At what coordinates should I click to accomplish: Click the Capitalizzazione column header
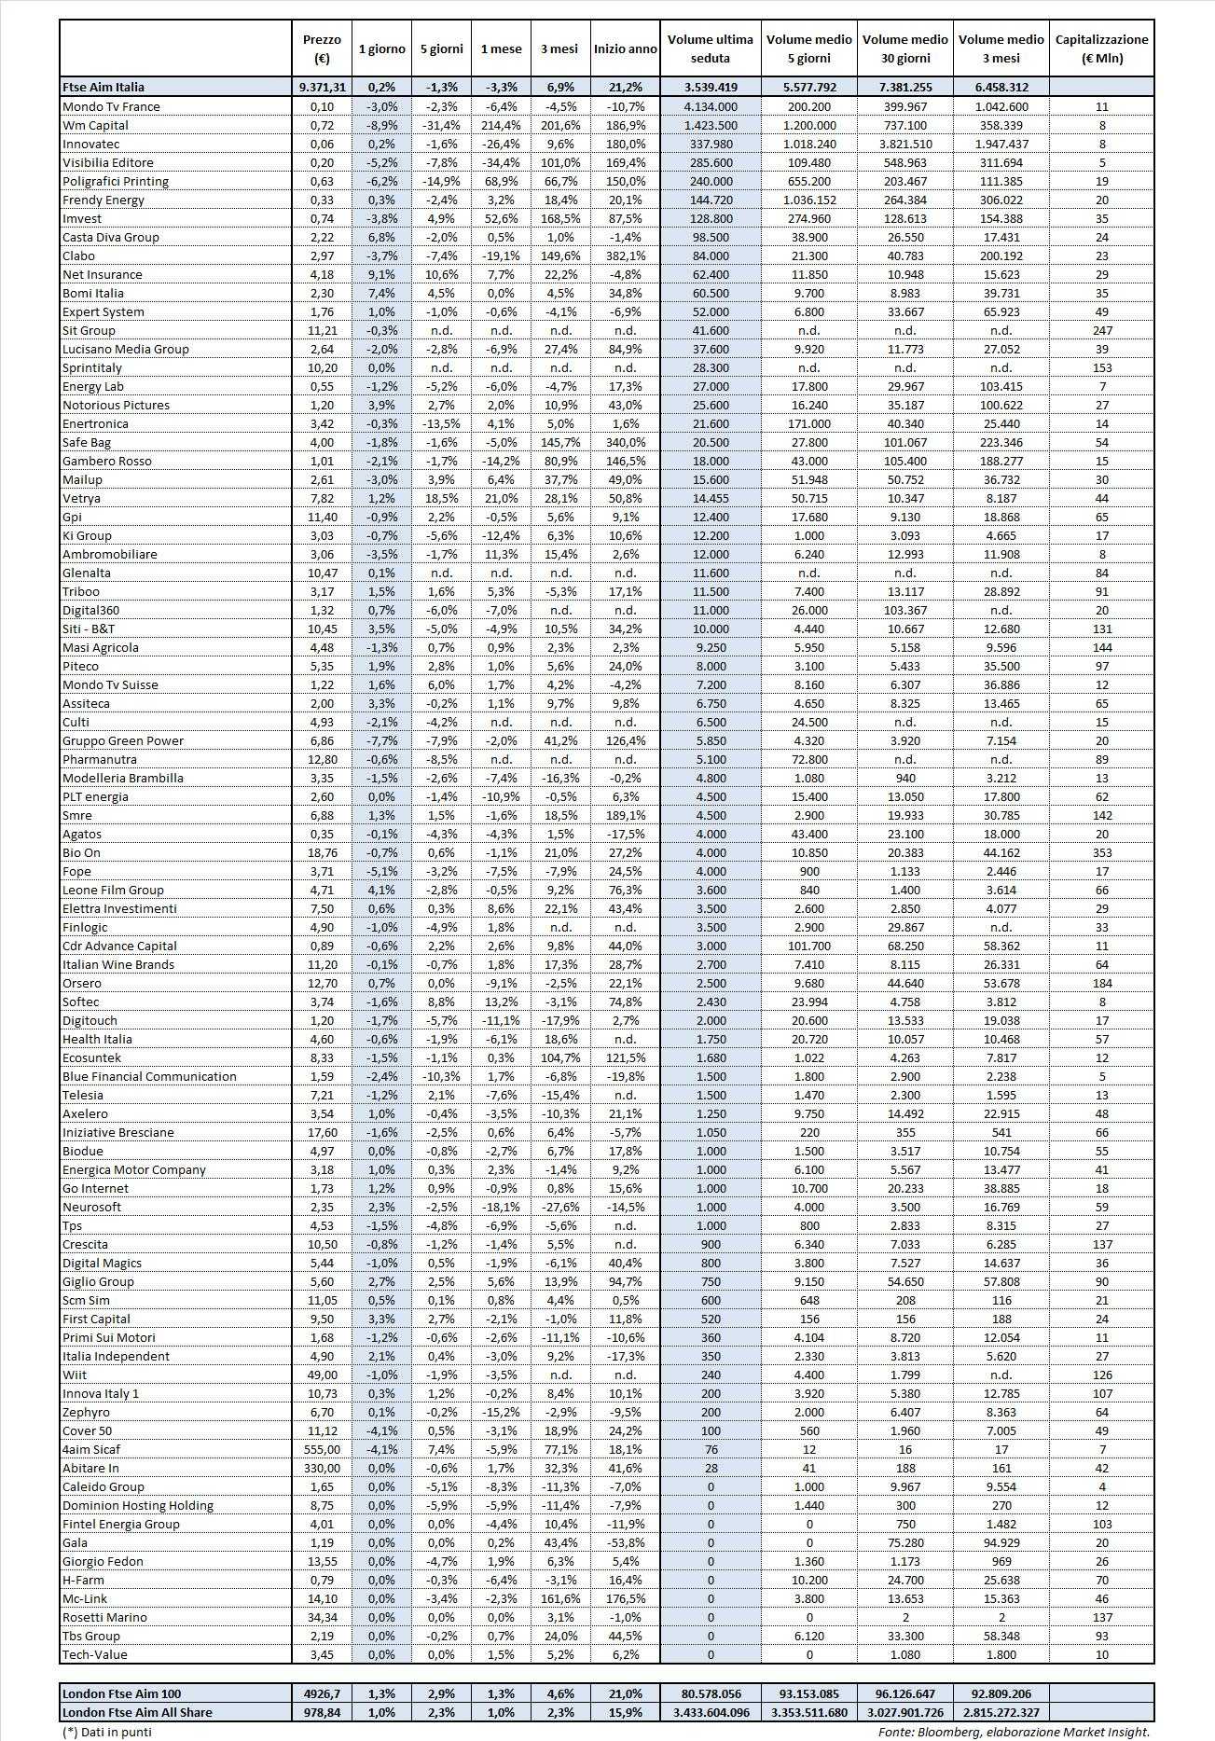[1101, 48]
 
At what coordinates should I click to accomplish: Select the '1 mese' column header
[501, 48]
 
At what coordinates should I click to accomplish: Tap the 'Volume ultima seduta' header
[710, 48]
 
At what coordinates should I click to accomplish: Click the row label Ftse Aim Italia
[104, 87]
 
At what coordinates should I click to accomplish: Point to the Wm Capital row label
[95, 125]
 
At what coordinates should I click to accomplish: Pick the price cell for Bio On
[323, 852]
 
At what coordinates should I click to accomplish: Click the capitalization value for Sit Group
[1101, 330]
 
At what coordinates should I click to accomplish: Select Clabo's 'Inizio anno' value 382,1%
[625, 256]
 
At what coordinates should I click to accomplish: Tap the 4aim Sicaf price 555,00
[323, 1449]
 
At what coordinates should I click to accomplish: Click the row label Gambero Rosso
[106, 461]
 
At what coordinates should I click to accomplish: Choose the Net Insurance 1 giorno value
[381, 274]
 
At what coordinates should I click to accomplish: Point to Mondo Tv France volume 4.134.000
[710, 106]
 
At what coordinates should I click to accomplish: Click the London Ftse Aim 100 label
[121, 1693]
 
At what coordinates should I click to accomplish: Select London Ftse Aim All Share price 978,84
[323, 1712]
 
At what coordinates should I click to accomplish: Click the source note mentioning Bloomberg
[1014, 1732]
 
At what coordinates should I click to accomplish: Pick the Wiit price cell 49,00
[323, 1375]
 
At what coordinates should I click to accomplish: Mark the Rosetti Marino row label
[104, 1617]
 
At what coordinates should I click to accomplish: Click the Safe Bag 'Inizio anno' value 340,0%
[625, 442]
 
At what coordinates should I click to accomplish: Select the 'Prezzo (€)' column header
[323, 48]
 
